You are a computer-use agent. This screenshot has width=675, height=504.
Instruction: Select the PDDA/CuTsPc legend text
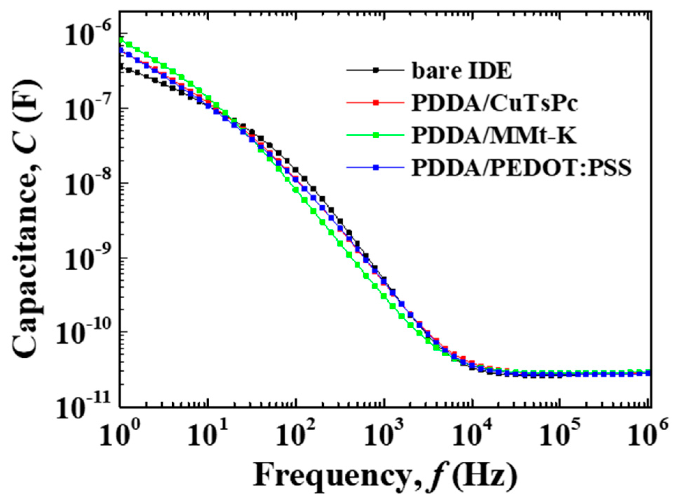tap(494, 103)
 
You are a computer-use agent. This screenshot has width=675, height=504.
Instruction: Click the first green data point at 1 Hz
tap(121, 40)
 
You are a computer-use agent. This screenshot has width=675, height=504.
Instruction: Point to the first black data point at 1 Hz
tap(121, 66)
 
